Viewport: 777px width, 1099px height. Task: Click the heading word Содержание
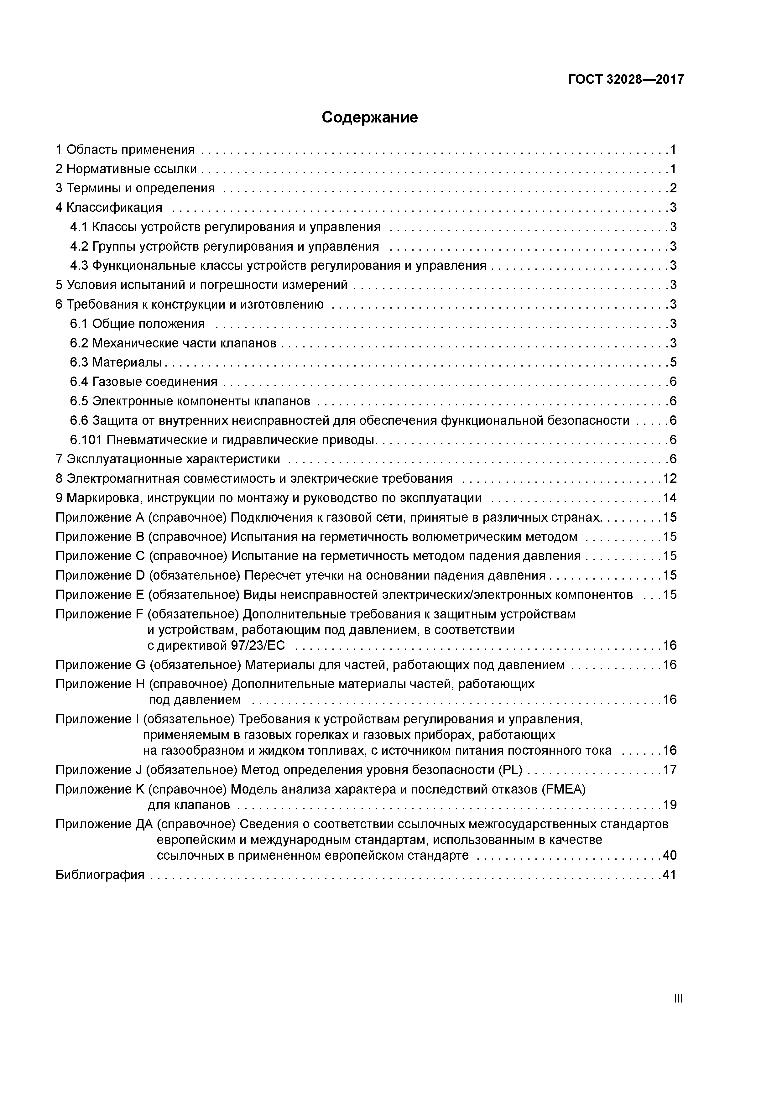tap(370, 117)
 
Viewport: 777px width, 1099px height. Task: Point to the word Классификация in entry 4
tap(114, 207)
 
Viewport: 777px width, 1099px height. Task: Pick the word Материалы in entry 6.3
tap(127, 362)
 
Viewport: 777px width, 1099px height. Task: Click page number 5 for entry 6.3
tap(673, 362)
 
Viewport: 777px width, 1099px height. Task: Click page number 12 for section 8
tap(669, 478)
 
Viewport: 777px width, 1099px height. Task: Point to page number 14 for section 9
tap(669, 498)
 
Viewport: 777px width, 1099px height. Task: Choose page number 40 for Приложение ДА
tap(669, 855)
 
